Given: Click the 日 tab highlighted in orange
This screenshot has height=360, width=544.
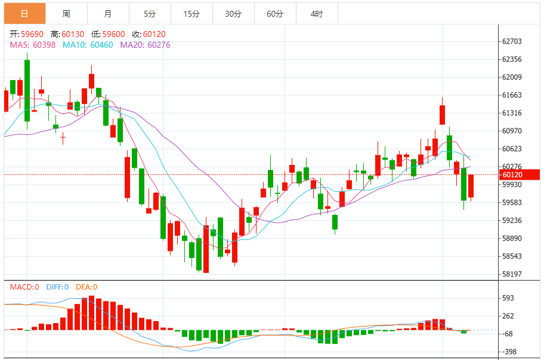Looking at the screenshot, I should (x=24, y=13).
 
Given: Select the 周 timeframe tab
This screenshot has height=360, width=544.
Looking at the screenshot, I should (x=66, y=13).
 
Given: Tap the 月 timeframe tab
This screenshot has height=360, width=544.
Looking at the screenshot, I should (x=107, y=13).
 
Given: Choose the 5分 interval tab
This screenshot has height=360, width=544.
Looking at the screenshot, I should (x=149, y=13).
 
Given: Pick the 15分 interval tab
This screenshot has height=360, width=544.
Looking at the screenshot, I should (x=191, y=13).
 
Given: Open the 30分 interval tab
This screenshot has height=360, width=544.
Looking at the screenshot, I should (x=233, y=13).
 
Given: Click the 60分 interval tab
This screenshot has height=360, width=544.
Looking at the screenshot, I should (x=275, y=13).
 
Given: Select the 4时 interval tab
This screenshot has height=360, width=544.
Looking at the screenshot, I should (x=317, y=13).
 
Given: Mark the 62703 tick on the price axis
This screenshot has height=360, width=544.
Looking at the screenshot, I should (x=512, y=41).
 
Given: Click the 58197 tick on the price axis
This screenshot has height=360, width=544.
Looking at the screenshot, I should (x=512, y=274).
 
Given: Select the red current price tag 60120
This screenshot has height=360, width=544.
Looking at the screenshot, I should (x=512, y=175).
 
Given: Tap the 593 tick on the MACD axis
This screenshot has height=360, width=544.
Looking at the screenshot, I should (x=508, y=298).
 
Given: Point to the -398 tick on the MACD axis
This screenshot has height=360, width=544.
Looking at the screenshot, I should (x=509, y=352).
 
